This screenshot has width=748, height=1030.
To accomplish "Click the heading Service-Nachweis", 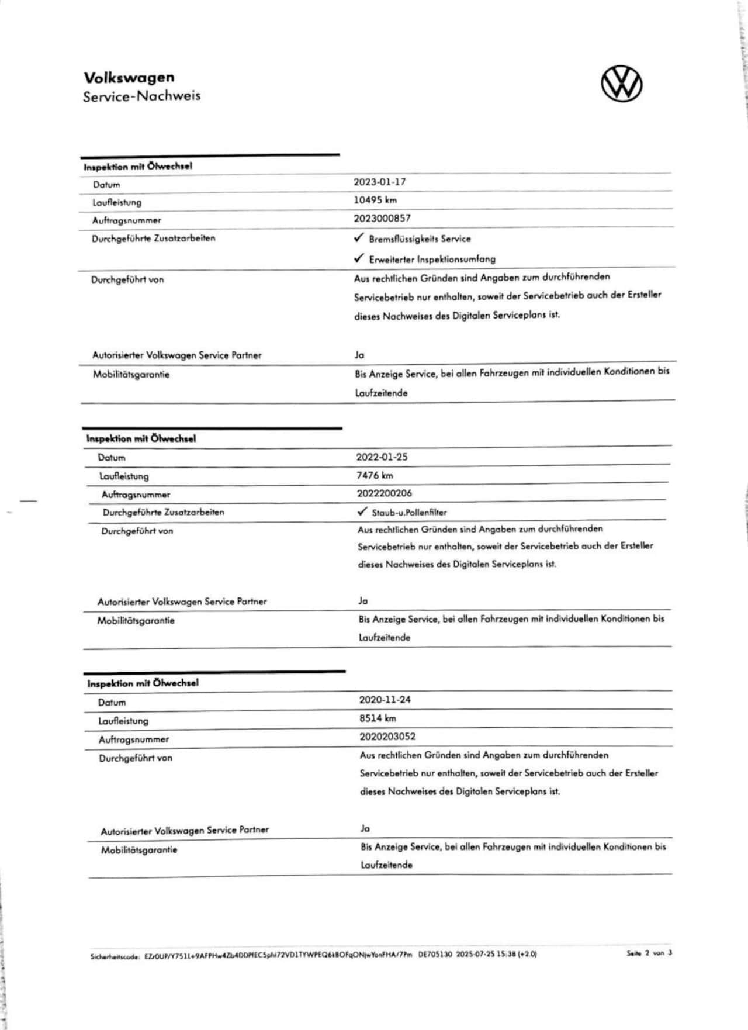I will pyautogui.click(x=141, y=96).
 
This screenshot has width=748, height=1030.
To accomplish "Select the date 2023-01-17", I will pyautogui.click(x=379, y=182).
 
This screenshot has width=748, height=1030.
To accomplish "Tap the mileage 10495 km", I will pyautogui.click(x=375, y=200).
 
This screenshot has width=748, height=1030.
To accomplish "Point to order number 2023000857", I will pyautogui.click(x=382, y=218).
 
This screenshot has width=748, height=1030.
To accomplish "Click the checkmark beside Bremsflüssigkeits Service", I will pyautogui.click(x=359, y=238).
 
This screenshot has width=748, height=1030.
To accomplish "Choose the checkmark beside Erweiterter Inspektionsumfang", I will pyautogui.click(x=359, y=258).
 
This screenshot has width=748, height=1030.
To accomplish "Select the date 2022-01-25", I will pyautogui.click(x=382, y=457).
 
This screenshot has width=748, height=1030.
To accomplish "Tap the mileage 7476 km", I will pyautogui.click(x=375, y=475).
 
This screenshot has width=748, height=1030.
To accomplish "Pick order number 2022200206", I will pyautogui.click(x=385, y=493).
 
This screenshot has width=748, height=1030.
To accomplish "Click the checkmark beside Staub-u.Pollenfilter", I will pyautogui.click(x=362, y=511).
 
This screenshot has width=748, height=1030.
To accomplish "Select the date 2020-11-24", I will pyautogui.click(x=385, y=700).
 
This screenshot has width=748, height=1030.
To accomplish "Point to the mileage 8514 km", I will pyautogui.click(x=378, y=718).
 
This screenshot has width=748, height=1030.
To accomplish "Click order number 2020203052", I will pyautogui.click(x=387, y=737).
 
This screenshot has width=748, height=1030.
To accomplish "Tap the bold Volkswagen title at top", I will pyautogui.click(x=129, y=77).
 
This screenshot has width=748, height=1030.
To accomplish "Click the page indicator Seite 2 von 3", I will pyautogui.click(x=649, y=953).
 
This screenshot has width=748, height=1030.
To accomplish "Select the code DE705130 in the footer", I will pyautogui.click(x=435, y=954).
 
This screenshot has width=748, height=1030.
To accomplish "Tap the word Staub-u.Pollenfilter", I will pyautogui.click(x=409, y=513).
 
